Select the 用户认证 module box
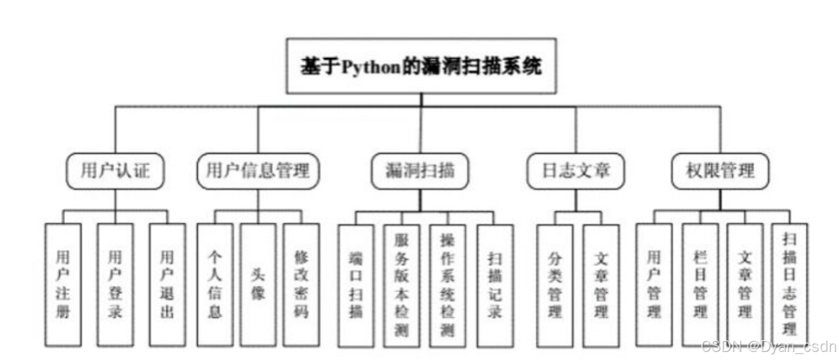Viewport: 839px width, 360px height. [x=115, y=171]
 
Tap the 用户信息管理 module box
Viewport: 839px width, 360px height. [x=258, y=171]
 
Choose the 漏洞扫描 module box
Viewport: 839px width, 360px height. [x=419, y=171]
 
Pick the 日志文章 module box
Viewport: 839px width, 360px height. [x=575, y=171]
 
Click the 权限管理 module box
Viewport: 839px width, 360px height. [x=720, y=171]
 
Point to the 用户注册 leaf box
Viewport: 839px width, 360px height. [x=63, y=285]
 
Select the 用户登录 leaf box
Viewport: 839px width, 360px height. [x=115, y=285]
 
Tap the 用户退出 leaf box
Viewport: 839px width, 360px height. [x=167, y=285]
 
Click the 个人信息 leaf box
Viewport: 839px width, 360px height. [x=215, y=285]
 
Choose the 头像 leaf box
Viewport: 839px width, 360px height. [x=258, y=285]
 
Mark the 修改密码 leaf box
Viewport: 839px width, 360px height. [x=301, y=285]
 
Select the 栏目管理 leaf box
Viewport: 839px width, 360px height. [x=700, y=285]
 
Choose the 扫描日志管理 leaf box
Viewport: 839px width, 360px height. [x=789, y=285]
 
